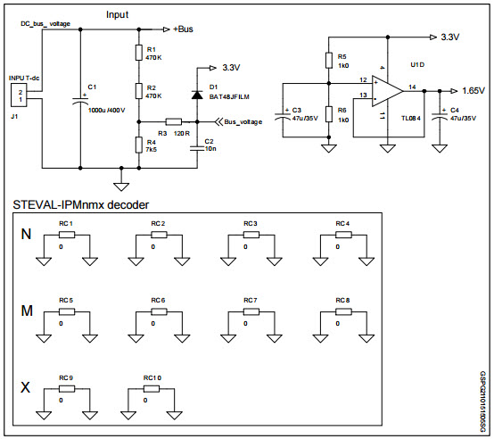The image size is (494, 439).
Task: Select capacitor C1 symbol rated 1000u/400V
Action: point(81,103)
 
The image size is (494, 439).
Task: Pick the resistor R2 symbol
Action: point(138,89)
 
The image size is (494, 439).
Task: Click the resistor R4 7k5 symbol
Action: point(138,144)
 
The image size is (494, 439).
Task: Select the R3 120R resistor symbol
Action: point(174,121)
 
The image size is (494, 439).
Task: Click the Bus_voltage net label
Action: point(243,122)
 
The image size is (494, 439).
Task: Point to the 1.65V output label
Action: point(473,90)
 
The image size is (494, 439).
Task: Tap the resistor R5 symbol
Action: point(331,60)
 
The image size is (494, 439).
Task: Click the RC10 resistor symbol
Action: point(152,388)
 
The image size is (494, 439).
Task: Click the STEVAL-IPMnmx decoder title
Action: point(81,205)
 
